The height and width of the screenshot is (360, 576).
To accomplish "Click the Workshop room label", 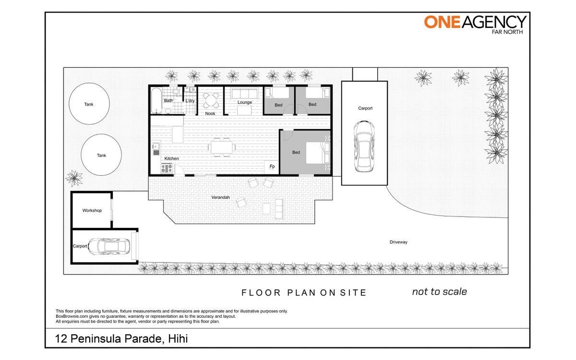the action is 92,210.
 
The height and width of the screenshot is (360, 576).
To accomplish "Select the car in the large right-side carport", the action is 364,146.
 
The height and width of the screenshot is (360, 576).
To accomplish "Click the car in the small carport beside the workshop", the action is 109,246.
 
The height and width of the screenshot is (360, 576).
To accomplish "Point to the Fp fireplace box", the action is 272,167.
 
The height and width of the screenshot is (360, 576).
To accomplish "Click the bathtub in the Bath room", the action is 156,100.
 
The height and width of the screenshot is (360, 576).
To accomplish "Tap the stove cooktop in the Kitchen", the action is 167,168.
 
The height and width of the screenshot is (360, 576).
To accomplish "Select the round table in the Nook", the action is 211,100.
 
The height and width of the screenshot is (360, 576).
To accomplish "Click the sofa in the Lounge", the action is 244,94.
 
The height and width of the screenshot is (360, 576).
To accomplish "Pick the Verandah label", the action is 220,197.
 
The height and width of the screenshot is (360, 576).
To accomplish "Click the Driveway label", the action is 398,242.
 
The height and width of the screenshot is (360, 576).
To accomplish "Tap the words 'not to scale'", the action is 440,292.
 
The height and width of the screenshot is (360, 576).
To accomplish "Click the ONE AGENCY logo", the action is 475,24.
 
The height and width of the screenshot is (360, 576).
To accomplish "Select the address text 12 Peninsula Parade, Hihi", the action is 121,339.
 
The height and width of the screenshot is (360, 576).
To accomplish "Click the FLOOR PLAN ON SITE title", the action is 304,293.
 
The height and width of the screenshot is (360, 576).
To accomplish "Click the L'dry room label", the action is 190,101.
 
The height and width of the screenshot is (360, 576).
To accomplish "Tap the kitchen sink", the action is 156,146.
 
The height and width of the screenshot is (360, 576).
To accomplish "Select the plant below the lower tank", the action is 74,178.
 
